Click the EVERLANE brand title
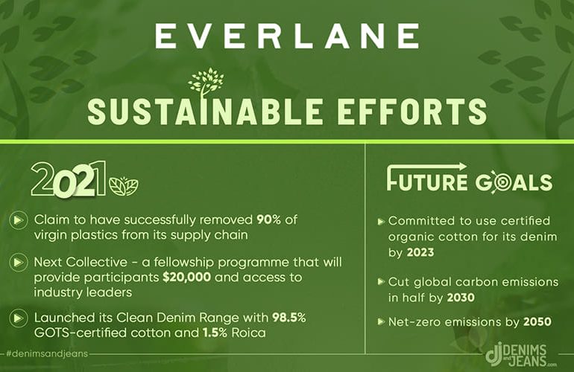point(287,36)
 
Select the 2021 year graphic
point(69,179)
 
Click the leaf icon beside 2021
point(124,186)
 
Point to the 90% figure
point(268,219)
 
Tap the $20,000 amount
point(186,277)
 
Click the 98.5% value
point(288,317)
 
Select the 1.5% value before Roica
point(215,333)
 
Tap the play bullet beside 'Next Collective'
point(19,262)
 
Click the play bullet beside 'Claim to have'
point(19,220)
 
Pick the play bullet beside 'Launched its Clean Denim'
point(19,318)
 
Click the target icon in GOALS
point(495,182)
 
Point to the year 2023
point(420,252)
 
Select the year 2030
point(461,298)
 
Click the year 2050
point(537,321)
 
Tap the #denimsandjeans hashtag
point(47,353)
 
